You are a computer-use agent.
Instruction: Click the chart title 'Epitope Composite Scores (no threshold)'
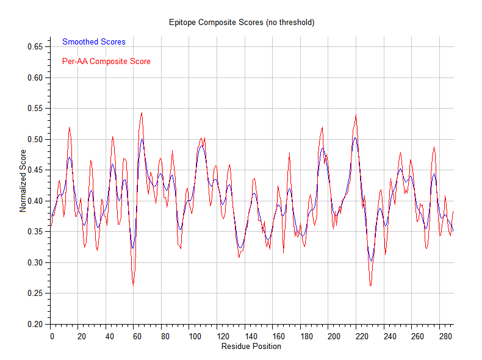241,23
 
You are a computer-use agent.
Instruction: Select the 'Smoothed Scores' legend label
94,42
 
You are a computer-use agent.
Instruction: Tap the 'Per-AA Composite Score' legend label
106,62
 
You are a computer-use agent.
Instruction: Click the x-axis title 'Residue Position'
252,347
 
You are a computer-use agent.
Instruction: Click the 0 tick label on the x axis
52,336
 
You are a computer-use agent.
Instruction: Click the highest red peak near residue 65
142,112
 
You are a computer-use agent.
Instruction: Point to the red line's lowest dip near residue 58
133,286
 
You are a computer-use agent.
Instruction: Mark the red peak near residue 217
355,115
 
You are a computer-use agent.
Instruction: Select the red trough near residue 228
370,286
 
